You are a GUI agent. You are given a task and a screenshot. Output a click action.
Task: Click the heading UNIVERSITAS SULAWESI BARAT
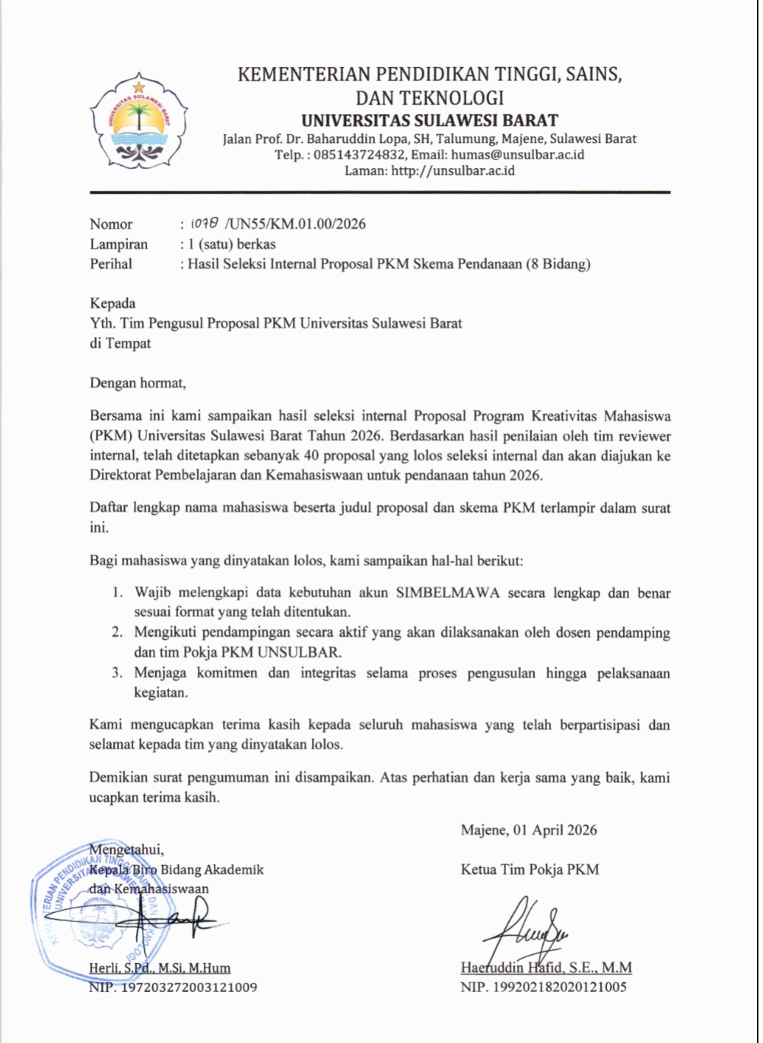[429, 120]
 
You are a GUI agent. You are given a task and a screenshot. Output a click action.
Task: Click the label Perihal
[111, 264]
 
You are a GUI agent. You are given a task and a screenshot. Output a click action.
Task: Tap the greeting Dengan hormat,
[138, 383]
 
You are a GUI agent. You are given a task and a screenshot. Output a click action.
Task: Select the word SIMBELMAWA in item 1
[448, 593]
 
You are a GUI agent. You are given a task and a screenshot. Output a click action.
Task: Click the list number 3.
[117, 673]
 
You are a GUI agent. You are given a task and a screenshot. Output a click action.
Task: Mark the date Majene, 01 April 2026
[529, 830]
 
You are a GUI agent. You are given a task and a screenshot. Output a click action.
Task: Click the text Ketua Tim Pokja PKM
[529, 869]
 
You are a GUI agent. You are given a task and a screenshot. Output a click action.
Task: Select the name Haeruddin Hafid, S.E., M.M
[546, 968]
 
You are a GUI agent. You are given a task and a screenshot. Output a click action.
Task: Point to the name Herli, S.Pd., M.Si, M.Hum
[160, 968]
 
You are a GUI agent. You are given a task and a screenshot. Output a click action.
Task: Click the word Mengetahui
[126, 849]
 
